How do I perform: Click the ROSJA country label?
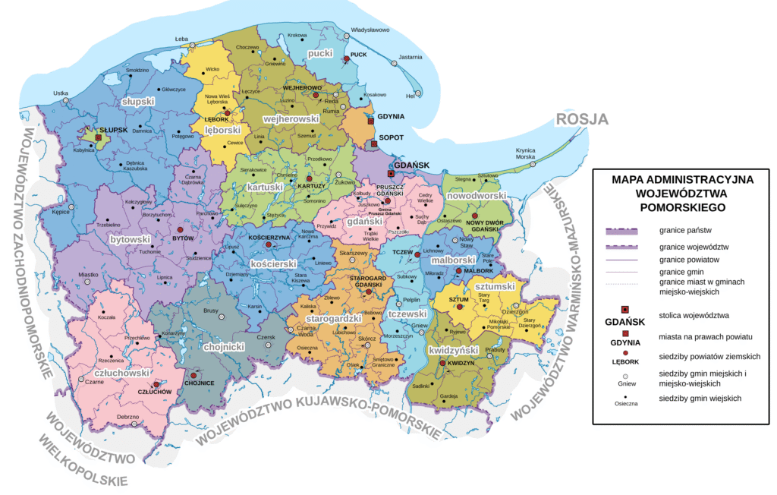click(582, 118)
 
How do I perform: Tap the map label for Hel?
click(411, 96)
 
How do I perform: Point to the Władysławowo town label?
click(370, 31)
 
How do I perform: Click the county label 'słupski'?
click(138, 100)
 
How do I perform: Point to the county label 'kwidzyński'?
click(453, 351)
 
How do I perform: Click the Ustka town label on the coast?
click(61, 93)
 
